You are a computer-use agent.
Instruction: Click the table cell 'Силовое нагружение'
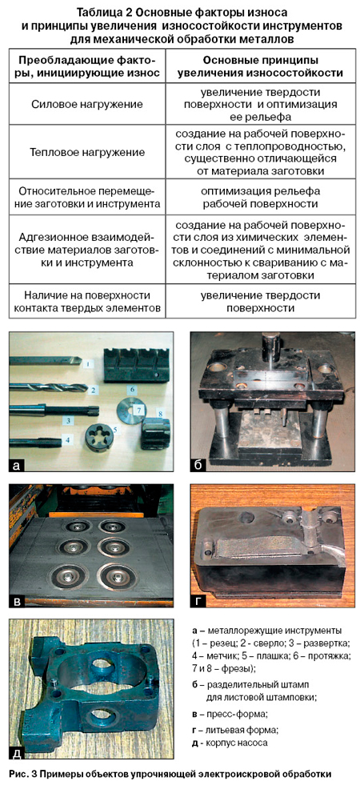(86, 105)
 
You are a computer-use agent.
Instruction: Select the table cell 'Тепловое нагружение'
(86, 152)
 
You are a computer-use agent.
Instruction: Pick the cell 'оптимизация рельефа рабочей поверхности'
(258, 198)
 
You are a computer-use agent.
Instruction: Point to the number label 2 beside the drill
(93, 388)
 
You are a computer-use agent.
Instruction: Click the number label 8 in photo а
(160, 413)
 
